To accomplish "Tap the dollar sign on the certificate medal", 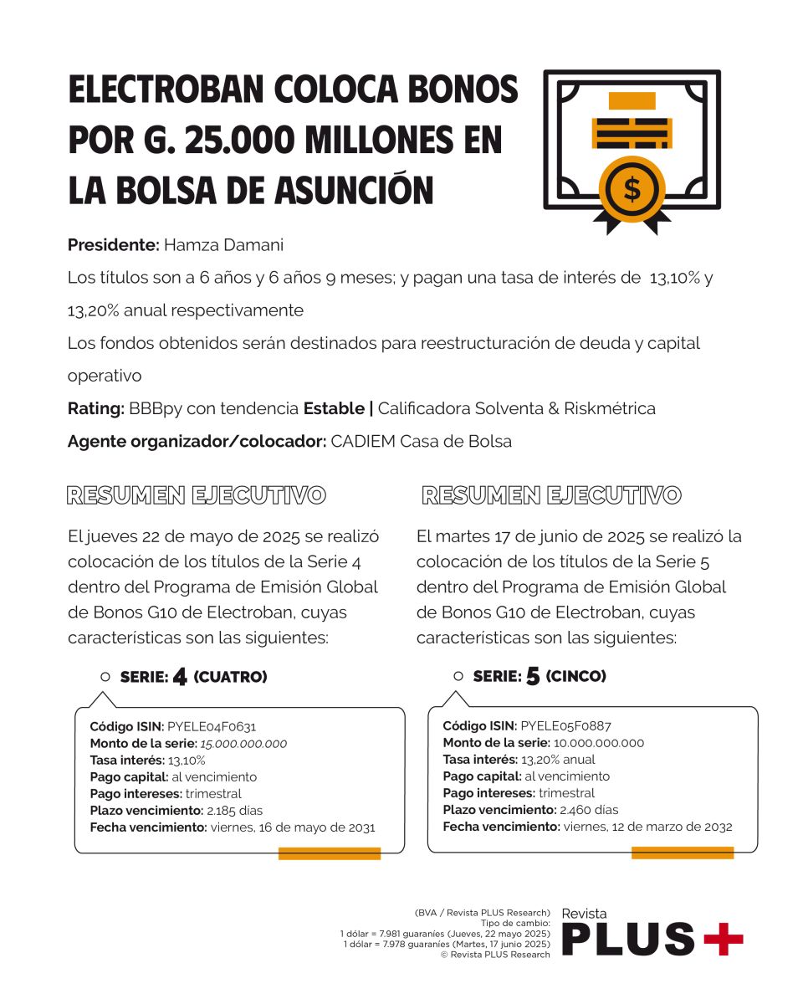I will (x=632, y=189).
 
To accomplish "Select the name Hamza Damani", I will (x=223, y=246).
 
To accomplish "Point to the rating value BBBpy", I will (x=155, y=408).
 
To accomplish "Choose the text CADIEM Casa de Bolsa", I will (x=421, y=441).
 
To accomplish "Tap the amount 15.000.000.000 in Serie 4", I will (x=243, y=743).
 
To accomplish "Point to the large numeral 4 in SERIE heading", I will (x=180, y=677).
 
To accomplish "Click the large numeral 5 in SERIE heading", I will (x=533, y=677).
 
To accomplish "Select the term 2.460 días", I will (x=590, y=810).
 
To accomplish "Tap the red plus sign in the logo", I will (x=723, y=939).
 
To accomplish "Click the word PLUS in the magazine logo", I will (x=627, y=939).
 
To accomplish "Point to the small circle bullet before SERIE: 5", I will (x=458, y=676).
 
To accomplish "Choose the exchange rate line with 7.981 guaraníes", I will (x=445, y=933).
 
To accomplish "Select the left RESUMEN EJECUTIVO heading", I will (x=197, y=495).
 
